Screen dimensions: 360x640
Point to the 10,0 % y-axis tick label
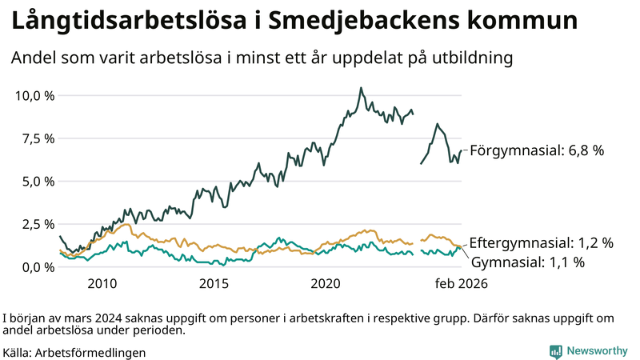tap(34, 96)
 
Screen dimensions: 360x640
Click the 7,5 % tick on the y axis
tap(37, 138)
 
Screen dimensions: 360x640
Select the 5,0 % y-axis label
tap(37, 182)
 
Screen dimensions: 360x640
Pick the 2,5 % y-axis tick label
tap(37, 224)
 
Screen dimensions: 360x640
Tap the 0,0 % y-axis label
tap(37, 267)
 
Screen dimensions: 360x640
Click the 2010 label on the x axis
tap(102, 284)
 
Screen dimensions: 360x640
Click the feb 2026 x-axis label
tap(461, 284)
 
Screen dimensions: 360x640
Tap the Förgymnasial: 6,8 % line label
tap(536, 150)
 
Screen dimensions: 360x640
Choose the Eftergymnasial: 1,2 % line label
tap(541, 242)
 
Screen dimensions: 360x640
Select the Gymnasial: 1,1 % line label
tap(527, 262)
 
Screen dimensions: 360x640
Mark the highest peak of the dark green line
tap(361, 88)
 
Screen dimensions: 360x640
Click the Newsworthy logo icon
tap(555, 351)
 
